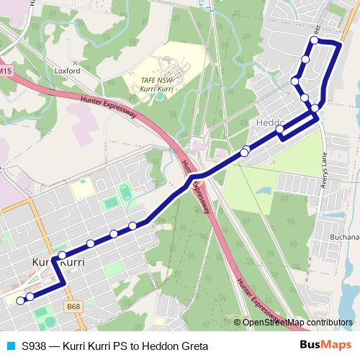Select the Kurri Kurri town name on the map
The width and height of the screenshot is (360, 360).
(59, 263)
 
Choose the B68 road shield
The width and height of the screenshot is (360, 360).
(72, 306)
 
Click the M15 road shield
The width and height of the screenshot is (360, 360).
(6, 71)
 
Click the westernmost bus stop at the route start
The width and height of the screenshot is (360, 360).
(19, 300)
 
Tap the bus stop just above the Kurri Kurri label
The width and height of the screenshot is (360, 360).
(62, 255)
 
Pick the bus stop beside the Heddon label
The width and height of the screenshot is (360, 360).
(281, 130)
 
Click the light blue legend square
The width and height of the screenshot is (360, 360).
(9, 346)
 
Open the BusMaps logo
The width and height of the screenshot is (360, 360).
(325, 345)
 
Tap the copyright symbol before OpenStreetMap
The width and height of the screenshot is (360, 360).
(237, 323)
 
